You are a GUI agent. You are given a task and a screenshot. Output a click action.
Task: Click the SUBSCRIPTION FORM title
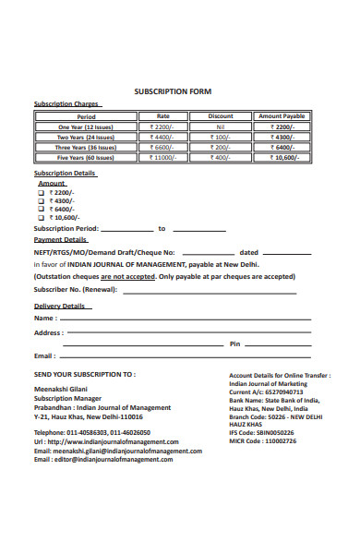pyautogui.click(x=173, y=91)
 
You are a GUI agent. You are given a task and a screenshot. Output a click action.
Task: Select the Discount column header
pyautogui.click(x=221, y=116)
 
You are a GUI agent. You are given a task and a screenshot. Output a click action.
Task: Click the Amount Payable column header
pyautogui.click(x=281, y=116)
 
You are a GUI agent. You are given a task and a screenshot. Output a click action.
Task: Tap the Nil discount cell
pyautogui.click(x=221, y=126)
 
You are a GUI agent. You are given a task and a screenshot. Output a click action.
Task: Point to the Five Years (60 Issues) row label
pyautogui.click(x=86, y=157)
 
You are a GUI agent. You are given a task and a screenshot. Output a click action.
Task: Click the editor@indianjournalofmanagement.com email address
pyautogui.click(x=117, y=459)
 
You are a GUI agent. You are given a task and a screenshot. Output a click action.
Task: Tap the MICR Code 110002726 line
pyautogui.click(x=263, y=441)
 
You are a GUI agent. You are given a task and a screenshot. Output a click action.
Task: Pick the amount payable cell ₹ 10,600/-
pyautogui.click(x=281, y=157)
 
